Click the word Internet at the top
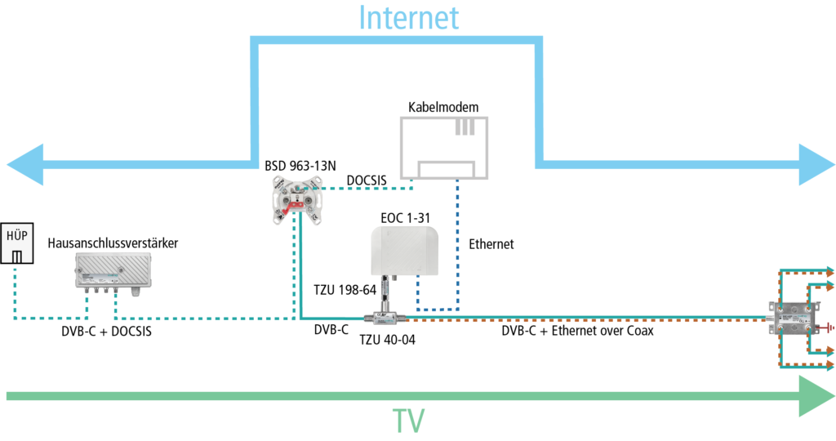pos(409,18)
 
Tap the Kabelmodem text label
pos(443,108)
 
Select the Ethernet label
pos(491,243)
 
